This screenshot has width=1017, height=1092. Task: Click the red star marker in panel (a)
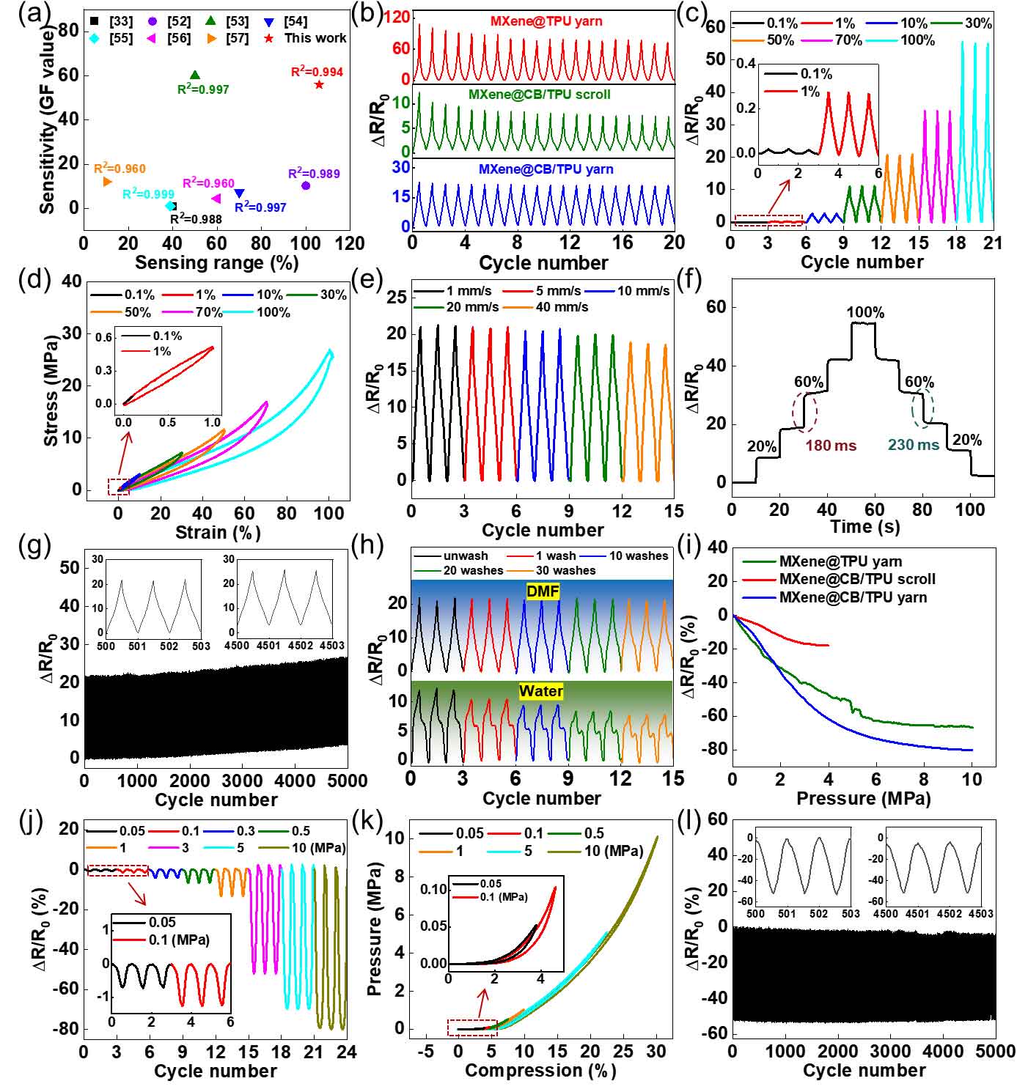tap(319, 85)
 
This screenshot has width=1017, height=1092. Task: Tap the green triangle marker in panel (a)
tap(195, 75)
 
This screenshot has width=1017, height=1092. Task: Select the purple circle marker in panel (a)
tap(306, 185)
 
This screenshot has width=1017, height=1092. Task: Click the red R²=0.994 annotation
tap(317, 72)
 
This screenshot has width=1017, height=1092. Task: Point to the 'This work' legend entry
tap(315, 38)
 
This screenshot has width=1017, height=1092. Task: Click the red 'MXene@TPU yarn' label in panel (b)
tap(546, 21)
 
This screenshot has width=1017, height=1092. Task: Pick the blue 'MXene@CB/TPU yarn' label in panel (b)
tap(546, 169)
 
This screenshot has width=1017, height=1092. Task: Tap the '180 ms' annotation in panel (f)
tap(831, 445)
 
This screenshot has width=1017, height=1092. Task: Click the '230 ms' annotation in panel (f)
tap(913, 445)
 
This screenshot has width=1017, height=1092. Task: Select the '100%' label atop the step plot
tap(865, 313)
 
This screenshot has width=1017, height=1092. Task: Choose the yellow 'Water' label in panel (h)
tap(541, 691)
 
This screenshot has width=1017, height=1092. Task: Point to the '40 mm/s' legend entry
tap(562, 307)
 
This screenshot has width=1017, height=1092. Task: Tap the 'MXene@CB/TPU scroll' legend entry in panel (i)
tap(856, 580)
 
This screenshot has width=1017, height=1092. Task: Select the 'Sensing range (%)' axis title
tap(217, 262)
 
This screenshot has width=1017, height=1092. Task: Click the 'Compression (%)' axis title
tap(540, 1071)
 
